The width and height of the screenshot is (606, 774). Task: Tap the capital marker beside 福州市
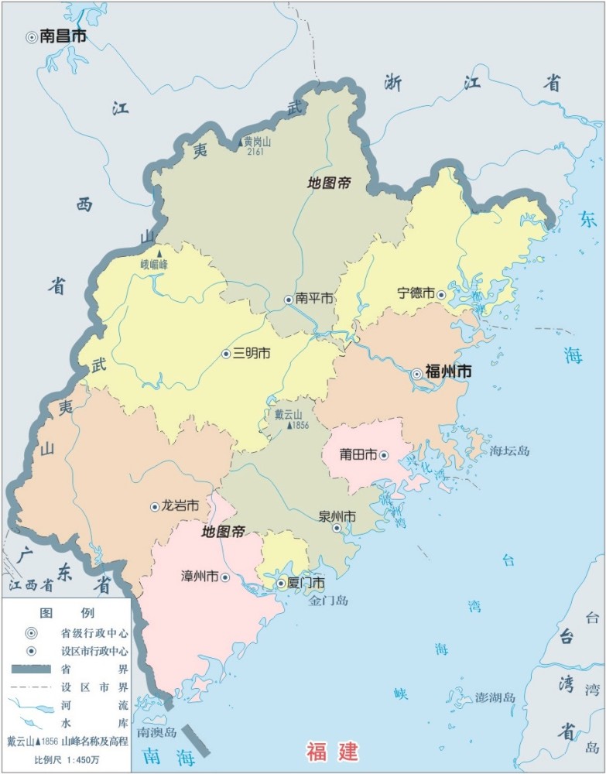coord(416,373)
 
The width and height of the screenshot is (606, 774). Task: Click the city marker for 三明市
coord(226,354)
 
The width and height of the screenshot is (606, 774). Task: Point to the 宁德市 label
coord(416,293)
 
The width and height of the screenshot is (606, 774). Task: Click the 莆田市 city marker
coord(383,455)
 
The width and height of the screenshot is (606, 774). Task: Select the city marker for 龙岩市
coord(154,506)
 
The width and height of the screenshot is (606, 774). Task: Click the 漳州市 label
coord(199,577)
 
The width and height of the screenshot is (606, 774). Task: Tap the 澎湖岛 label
coord(495,697)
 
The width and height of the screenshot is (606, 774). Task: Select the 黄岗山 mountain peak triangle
coord(239,144)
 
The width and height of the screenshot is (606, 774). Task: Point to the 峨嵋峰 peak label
coord(154,264)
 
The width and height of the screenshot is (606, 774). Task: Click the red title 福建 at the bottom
coord(333,750)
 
